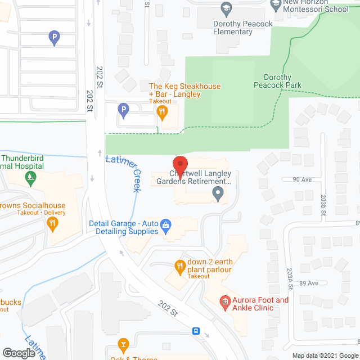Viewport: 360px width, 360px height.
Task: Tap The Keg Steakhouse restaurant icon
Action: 163,111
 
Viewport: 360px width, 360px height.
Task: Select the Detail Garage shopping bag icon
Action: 166,226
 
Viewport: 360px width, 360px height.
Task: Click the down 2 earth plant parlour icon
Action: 179,266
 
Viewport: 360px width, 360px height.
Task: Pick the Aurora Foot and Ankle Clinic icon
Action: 225,304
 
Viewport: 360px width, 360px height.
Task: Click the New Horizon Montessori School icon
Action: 276,4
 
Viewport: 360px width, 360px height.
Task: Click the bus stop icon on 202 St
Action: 197,331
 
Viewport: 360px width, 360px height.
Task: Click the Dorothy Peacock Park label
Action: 286,82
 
